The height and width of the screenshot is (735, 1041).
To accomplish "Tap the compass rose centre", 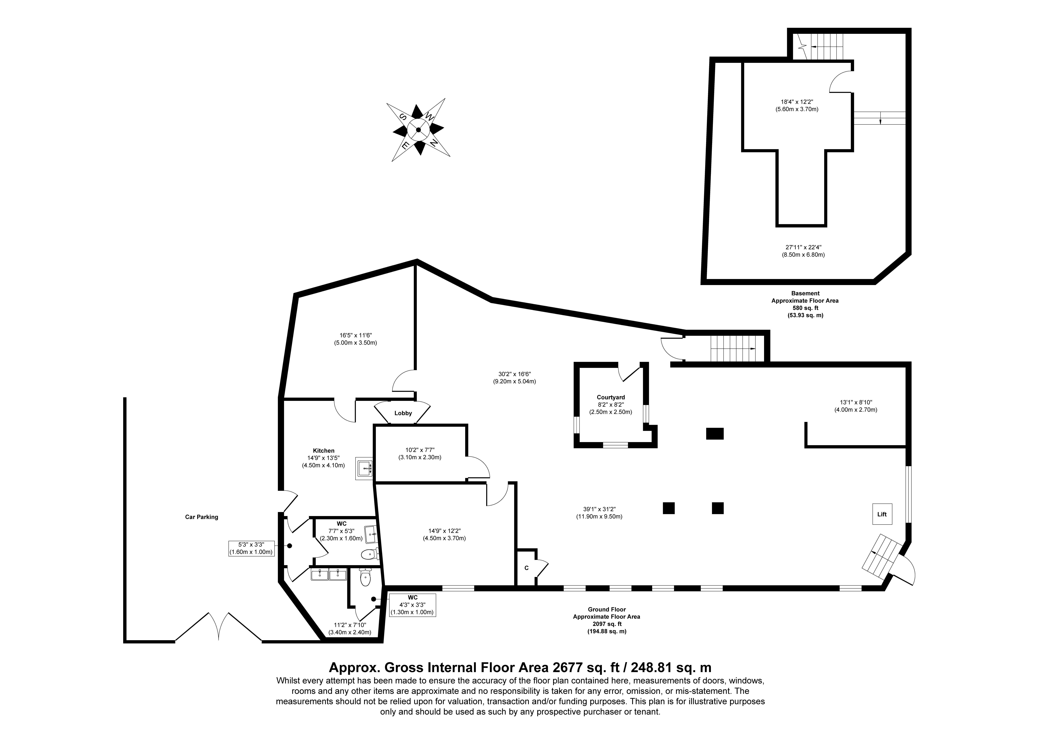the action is (418, 130).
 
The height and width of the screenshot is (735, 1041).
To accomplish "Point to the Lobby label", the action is (403, 413).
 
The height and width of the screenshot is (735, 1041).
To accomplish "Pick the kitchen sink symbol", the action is (364, 468).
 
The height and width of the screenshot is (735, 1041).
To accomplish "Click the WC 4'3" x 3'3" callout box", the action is (413, 605).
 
